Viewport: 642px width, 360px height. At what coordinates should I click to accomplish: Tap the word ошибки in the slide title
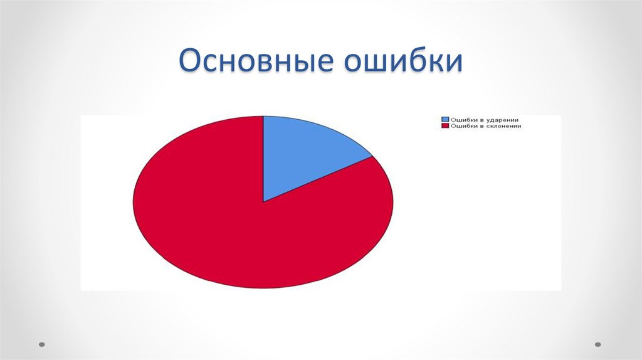click(x=401, y=63)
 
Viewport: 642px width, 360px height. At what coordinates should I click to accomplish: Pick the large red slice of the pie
click(x=251, y=238)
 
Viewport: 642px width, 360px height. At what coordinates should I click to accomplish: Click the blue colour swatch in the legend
click(x=445, y=119)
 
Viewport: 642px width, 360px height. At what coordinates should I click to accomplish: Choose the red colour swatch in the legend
click(x=445, y=125)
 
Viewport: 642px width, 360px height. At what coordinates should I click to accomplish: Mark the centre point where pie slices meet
click(x=263, y=202)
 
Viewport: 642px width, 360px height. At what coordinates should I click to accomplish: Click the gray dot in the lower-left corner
click(x=42, y=344)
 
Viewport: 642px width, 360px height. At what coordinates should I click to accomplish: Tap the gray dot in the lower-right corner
click(x=597, y=344)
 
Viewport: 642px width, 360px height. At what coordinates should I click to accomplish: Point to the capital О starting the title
click(x=191, y=63)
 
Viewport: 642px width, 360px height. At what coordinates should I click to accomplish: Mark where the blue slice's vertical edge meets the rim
click(x=263, y=116)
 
